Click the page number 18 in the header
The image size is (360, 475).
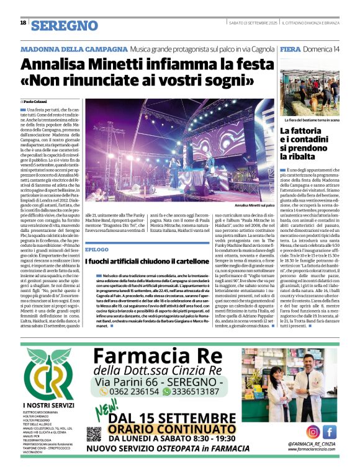tap(23, 23)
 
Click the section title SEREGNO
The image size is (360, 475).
tap(65, 25)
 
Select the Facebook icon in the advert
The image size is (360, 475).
tap(329, 432)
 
